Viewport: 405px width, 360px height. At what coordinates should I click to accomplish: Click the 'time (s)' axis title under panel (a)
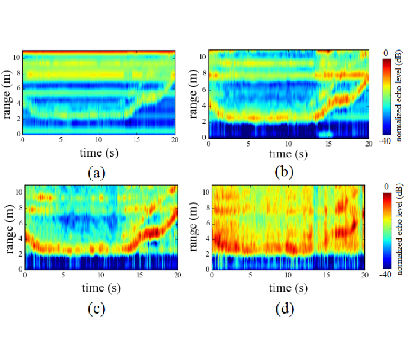[99, 153]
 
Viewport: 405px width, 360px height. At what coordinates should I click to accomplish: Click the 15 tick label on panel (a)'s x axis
[136, 140]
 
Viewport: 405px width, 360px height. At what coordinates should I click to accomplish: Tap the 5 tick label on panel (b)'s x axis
[248, 144]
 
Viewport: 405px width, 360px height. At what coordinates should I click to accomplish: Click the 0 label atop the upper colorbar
[386, 53]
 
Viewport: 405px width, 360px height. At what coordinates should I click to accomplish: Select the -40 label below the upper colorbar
[386, 140]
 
